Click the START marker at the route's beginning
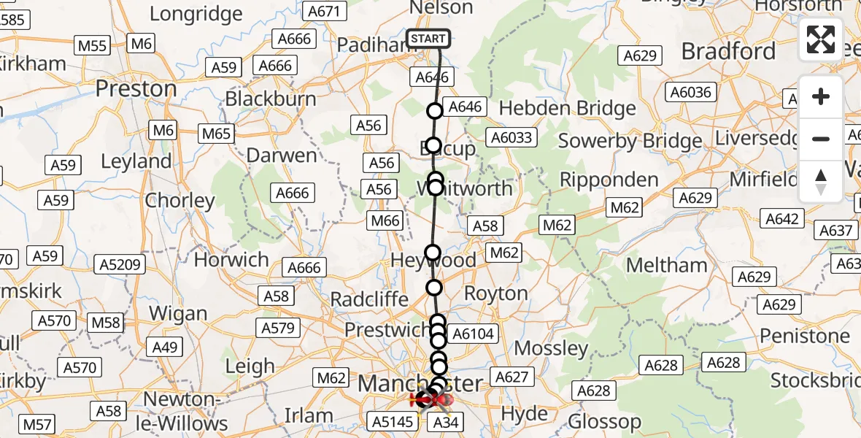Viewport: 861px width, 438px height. [x=428, y=39]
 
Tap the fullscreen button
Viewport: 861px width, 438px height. [x=821, y=39]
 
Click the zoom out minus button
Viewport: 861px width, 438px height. [x=821, y=139]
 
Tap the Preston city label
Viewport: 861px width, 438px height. [x=136, y=89]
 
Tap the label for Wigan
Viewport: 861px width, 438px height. [x=179, y=314]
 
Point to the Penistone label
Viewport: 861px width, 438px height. [x=805, y=336]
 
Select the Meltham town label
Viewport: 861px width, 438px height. [x=667, y=265]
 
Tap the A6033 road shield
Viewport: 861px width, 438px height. [x=513, y=137]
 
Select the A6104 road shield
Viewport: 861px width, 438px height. [x=474, y=334]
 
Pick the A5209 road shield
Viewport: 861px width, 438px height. [x=122, y=265]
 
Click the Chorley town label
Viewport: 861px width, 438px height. [x=179, y=201]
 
